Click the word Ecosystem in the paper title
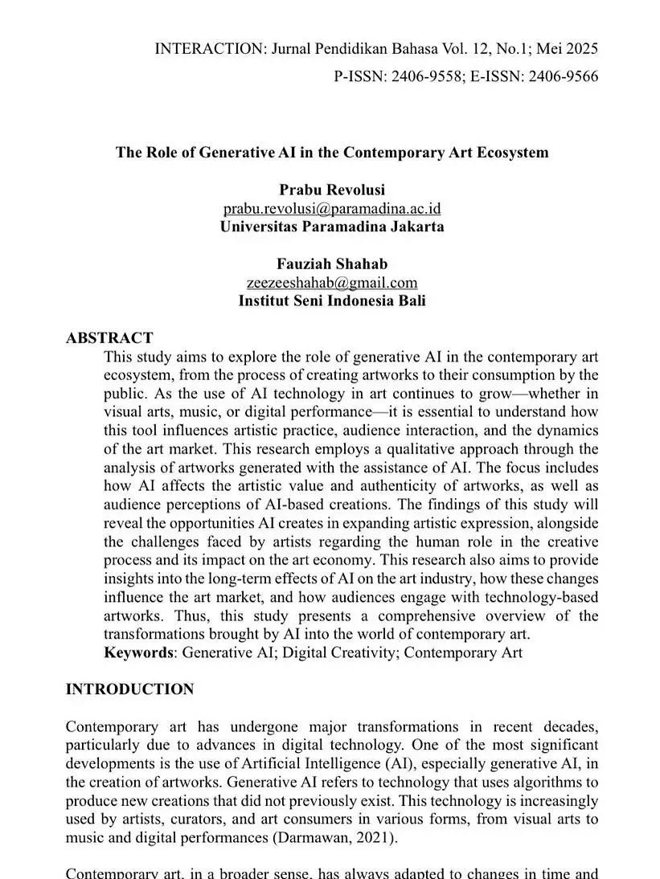point(510,152)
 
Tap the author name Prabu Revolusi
point(332,190)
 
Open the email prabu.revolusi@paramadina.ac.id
point(332,208)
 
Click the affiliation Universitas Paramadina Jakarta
point(332,227)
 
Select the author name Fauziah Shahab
point(332,264)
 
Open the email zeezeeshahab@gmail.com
point(332,282)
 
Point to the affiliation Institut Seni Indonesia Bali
point(332,300)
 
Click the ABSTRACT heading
point(109,337)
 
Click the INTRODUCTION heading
point(129,689)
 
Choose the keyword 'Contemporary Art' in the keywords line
point(463,652)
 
